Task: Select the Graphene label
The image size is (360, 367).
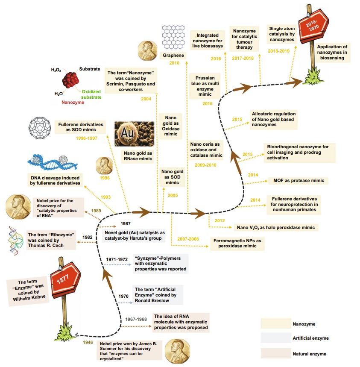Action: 173,56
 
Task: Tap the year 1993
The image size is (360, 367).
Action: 106,197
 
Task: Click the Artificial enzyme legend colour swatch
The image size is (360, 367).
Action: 273,338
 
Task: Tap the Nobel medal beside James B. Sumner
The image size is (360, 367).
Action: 176,350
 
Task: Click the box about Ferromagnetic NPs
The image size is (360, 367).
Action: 237,244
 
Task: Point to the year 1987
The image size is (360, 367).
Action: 125,223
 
